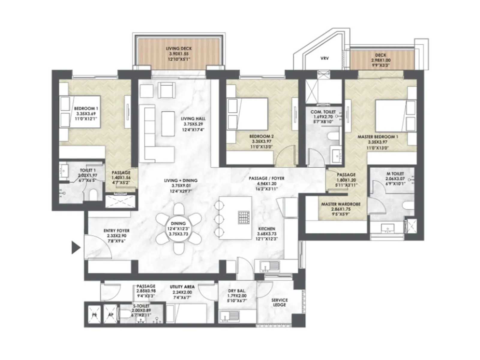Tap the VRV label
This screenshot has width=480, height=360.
pos(325,58)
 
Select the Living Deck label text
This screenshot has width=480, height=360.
pos(179,48)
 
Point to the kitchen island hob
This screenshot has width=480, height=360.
pos(244,218)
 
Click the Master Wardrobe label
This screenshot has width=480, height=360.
pos(341,204)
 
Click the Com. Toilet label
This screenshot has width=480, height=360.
pos(323,112)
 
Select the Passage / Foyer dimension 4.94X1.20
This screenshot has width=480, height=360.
pos(267,184)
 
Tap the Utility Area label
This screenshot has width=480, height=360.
pos(182,287)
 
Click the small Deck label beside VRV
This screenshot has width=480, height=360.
pos(380,55)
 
